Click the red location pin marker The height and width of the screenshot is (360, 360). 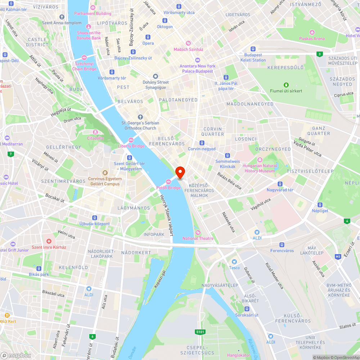[x=180, y=172]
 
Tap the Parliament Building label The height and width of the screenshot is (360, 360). [x=93, y=14]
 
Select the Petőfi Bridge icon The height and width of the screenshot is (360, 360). [x=168, y=181]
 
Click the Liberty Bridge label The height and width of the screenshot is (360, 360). [x=131, y=146]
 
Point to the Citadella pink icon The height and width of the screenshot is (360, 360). [x=95, y=132]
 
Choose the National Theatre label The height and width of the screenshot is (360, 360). [x=198, y=238]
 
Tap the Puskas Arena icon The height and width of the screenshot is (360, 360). [x=312, y=32]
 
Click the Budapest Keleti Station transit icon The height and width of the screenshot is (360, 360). [x=253, y=49]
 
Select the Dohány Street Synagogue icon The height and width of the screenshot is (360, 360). [x=156, y=76]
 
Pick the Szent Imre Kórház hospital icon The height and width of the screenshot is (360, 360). [x=49, y=241]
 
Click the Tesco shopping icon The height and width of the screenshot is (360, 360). [x=234, y=262]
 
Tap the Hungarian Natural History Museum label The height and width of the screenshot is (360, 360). [x=260, y=168]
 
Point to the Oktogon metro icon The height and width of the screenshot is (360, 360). [x=165, y=20]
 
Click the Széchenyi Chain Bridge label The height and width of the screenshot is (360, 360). [x=84, y=66]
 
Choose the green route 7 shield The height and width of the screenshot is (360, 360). [x=11, y=154]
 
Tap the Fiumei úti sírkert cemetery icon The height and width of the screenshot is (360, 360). [x=286, y=85]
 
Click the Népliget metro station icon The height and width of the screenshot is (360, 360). [x=315, y=204]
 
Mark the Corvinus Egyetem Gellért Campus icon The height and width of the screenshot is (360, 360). [x=105, y=173]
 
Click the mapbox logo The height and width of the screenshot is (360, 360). [x=16, y=355]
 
